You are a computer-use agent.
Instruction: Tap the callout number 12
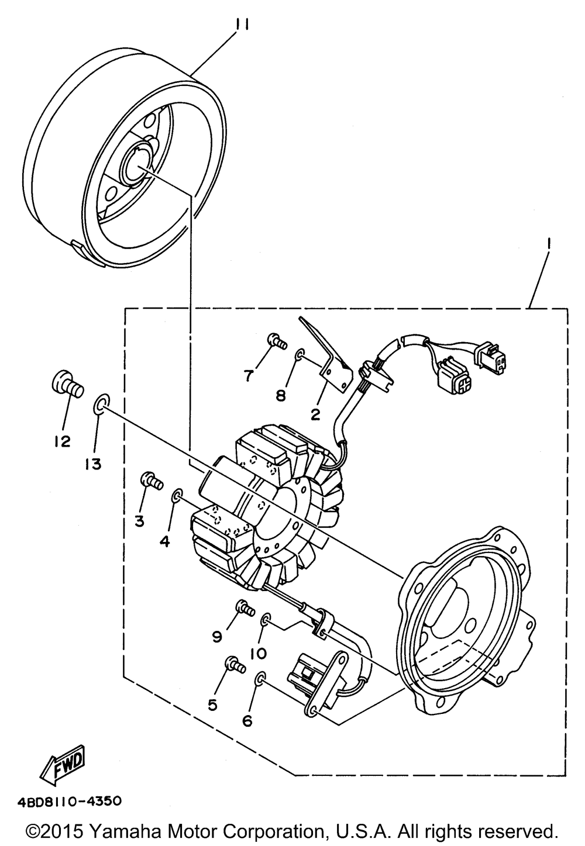(63, 441)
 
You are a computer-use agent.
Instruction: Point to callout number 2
(316, 415)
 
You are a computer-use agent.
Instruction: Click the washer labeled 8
(300, 354)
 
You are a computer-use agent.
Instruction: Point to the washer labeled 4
(177, 498)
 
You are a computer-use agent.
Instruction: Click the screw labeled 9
(243, 610)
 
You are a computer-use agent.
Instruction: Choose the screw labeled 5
(234, 665)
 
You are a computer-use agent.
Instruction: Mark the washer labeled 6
(260, 679)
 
